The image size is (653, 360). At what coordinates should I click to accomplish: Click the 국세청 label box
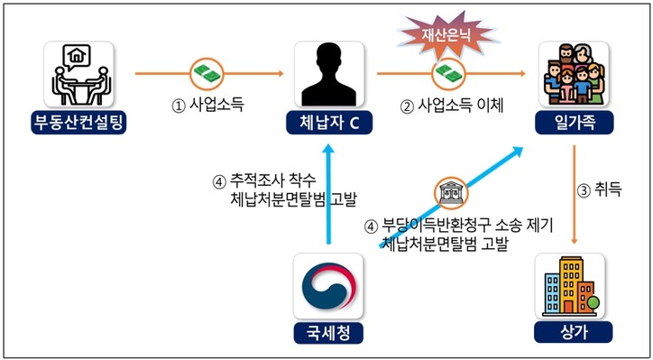[328, 333]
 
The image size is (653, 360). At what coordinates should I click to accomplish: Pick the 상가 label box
[574, 332]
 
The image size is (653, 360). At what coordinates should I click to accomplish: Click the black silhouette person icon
[329, 74]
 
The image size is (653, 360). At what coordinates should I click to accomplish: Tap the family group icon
[575, 74]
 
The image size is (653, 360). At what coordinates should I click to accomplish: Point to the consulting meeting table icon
[79, 74]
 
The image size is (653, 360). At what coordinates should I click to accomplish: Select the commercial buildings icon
[570, 285]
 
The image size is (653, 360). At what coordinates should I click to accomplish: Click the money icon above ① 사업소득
[207, 74]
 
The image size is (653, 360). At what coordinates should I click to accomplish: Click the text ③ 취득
[599, 190]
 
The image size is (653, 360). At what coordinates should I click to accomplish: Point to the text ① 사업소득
[207, 105]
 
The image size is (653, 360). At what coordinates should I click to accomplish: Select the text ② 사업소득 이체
[452, 106]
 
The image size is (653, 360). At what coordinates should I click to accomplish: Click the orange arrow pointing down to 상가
[575, 195]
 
